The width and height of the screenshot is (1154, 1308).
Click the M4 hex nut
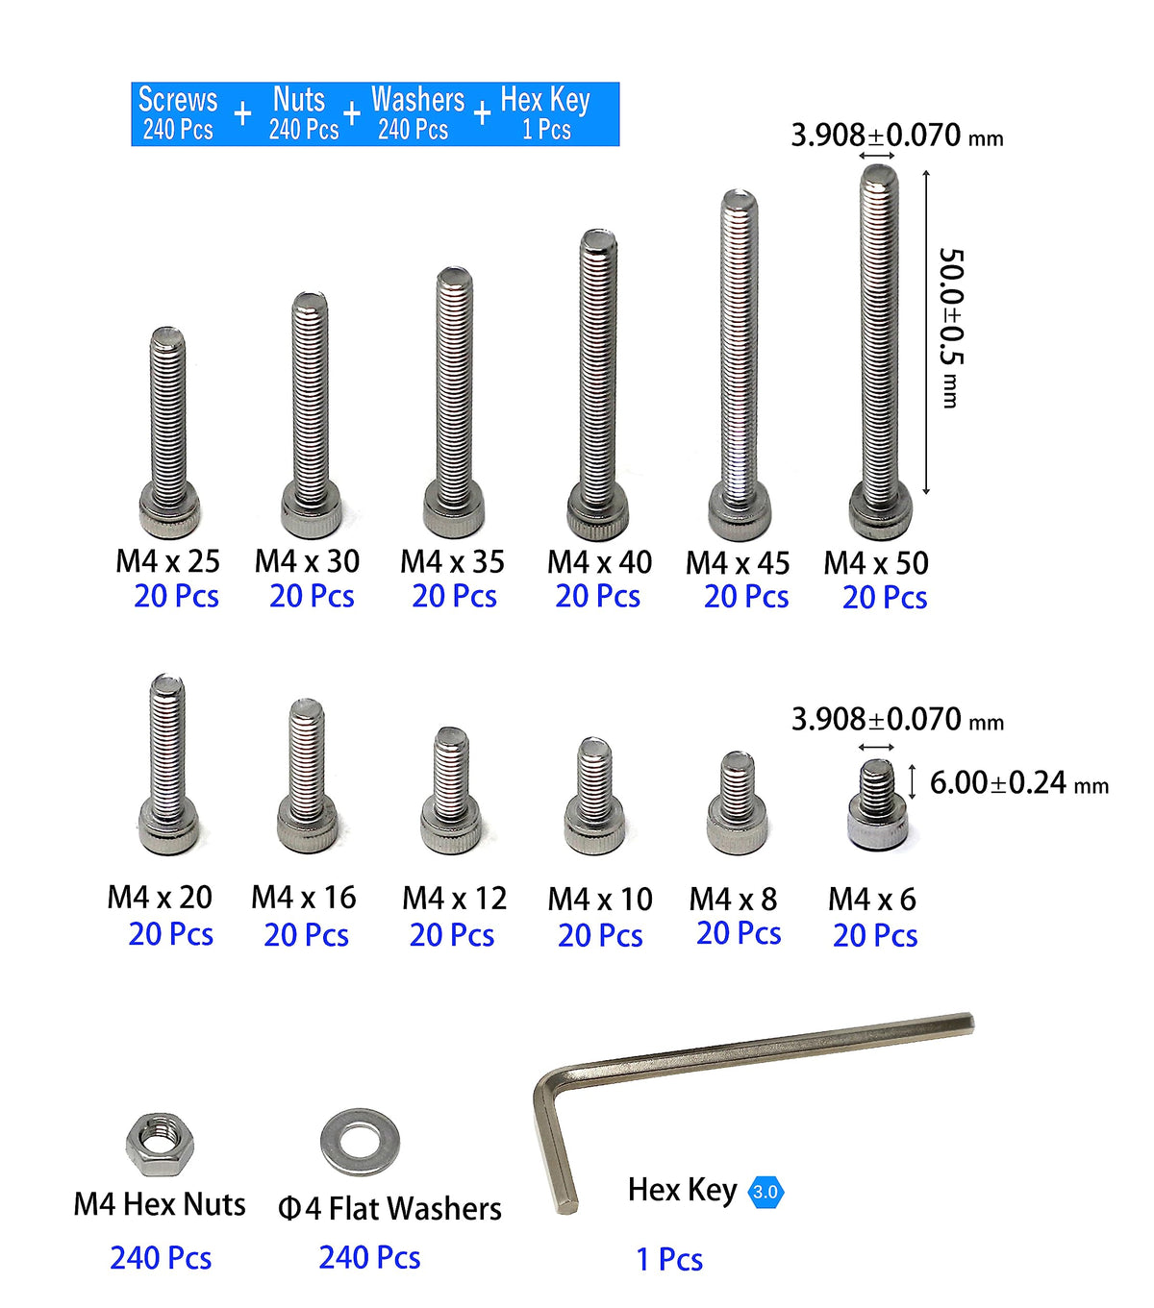click(160, 1145)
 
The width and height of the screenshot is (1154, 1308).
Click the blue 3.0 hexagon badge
click(765, 1192)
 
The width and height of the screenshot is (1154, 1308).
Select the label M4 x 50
click(875, 563)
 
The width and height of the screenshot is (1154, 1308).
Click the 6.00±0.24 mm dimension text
click(1019, 783)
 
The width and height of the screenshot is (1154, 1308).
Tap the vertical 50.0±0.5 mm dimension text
click(951, 328)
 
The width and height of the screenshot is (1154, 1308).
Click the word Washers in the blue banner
click(418, 100)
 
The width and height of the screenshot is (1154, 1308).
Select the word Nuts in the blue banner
click(298, 99)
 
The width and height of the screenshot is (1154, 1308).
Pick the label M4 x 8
click(733, 900)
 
